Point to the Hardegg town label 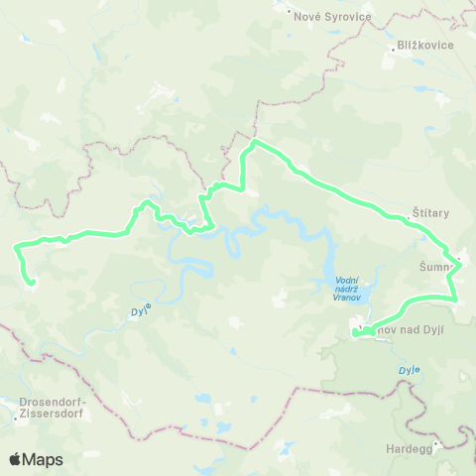pyautogui.click(x=409, y=447)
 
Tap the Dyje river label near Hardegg pyautogui.click(x=410, y=370)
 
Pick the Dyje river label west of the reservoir pyautogui.click(x=140, y=311)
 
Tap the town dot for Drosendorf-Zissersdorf pyautogui.click(x=14, y=417)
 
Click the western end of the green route pyautogui.click(x=32, y=284)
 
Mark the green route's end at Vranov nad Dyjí pyautogui.click(x=354, y=335)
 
